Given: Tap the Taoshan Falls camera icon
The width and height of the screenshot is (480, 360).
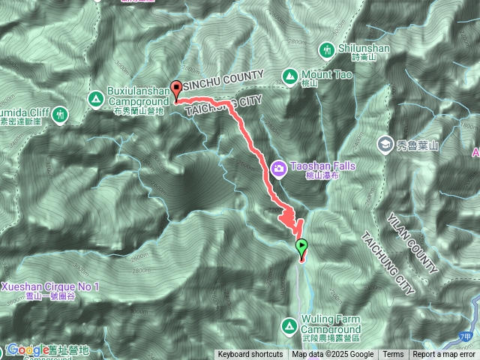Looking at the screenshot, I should click(278, 169).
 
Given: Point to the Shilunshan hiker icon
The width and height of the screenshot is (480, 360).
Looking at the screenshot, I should click(326, 49).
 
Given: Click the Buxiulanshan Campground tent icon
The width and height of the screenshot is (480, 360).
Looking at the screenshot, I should click(95, 98).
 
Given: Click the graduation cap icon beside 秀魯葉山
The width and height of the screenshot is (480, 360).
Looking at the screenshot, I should click(385, 142).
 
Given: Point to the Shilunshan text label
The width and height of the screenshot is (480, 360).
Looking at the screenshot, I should click(364, 49).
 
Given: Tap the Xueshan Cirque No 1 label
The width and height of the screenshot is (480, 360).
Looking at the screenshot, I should click(49, 287).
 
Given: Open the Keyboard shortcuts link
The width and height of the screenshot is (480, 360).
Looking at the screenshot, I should click(250, 355).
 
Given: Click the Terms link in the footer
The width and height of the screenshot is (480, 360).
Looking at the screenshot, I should click(393, 355).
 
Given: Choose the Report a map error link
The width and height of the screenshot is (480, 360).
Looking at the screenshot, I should click(445, 355).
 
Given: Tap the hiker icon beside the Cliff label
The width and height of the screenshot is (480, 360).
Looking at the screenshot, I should click(59, 114).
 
